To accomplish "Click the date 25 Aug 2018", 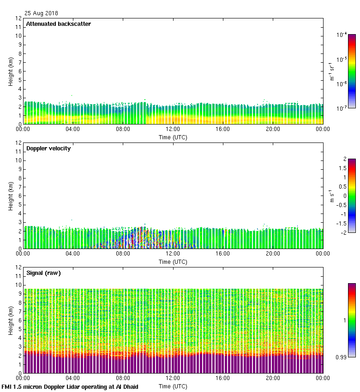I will point(41,13).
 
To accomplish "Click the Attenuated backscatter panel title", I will point(58,24).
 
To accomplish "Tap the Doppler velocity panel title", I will point(48,148).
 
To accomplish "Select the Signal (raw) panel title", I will point(43,273).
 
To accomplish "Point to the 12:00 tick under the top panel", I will point(173,130).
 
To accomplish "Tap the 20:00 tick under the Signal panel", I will point(273,379).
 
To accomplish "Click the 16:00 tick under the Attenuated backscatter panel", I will point(223,130).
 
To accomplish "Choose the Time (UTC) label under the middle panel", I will point(173,261).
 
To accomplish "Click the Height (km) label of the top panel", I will point(10,71).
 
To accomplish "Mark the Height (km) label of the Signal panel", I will point(10,320).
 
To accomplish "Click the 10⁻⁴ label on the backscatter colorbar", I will point(342,35).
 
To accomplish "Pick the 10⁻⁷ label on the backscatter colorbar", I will point(342,108).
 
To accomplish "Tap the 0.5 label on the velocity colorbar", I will point(341,187).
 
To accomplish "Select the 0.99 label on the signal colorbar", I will point(342,357).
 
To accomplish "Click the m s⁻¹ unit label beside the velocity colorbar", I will point(332,196).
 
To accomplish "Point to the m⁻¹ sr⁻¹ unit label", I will point(332,71).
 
